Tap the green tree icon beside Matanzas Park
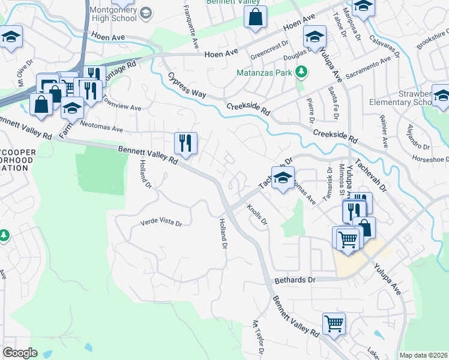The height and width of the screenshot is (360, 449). click(301, 73)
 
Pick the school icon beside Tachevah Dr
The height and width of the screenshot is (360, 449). click(282, 178)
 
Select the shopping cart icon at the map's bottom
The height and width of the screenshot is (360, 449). click(334, 323)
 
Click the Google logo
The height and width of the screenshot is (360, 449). click(19, 352)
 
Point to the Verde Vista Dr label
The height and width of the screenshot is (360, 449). click(160, 222)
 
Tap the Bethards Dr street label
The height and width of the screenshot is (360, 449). click(295, 280)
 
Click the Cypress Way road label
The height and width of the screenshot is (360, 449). click(187, 86)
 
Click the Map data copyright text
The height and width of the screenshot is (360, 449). click(423, 355)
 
